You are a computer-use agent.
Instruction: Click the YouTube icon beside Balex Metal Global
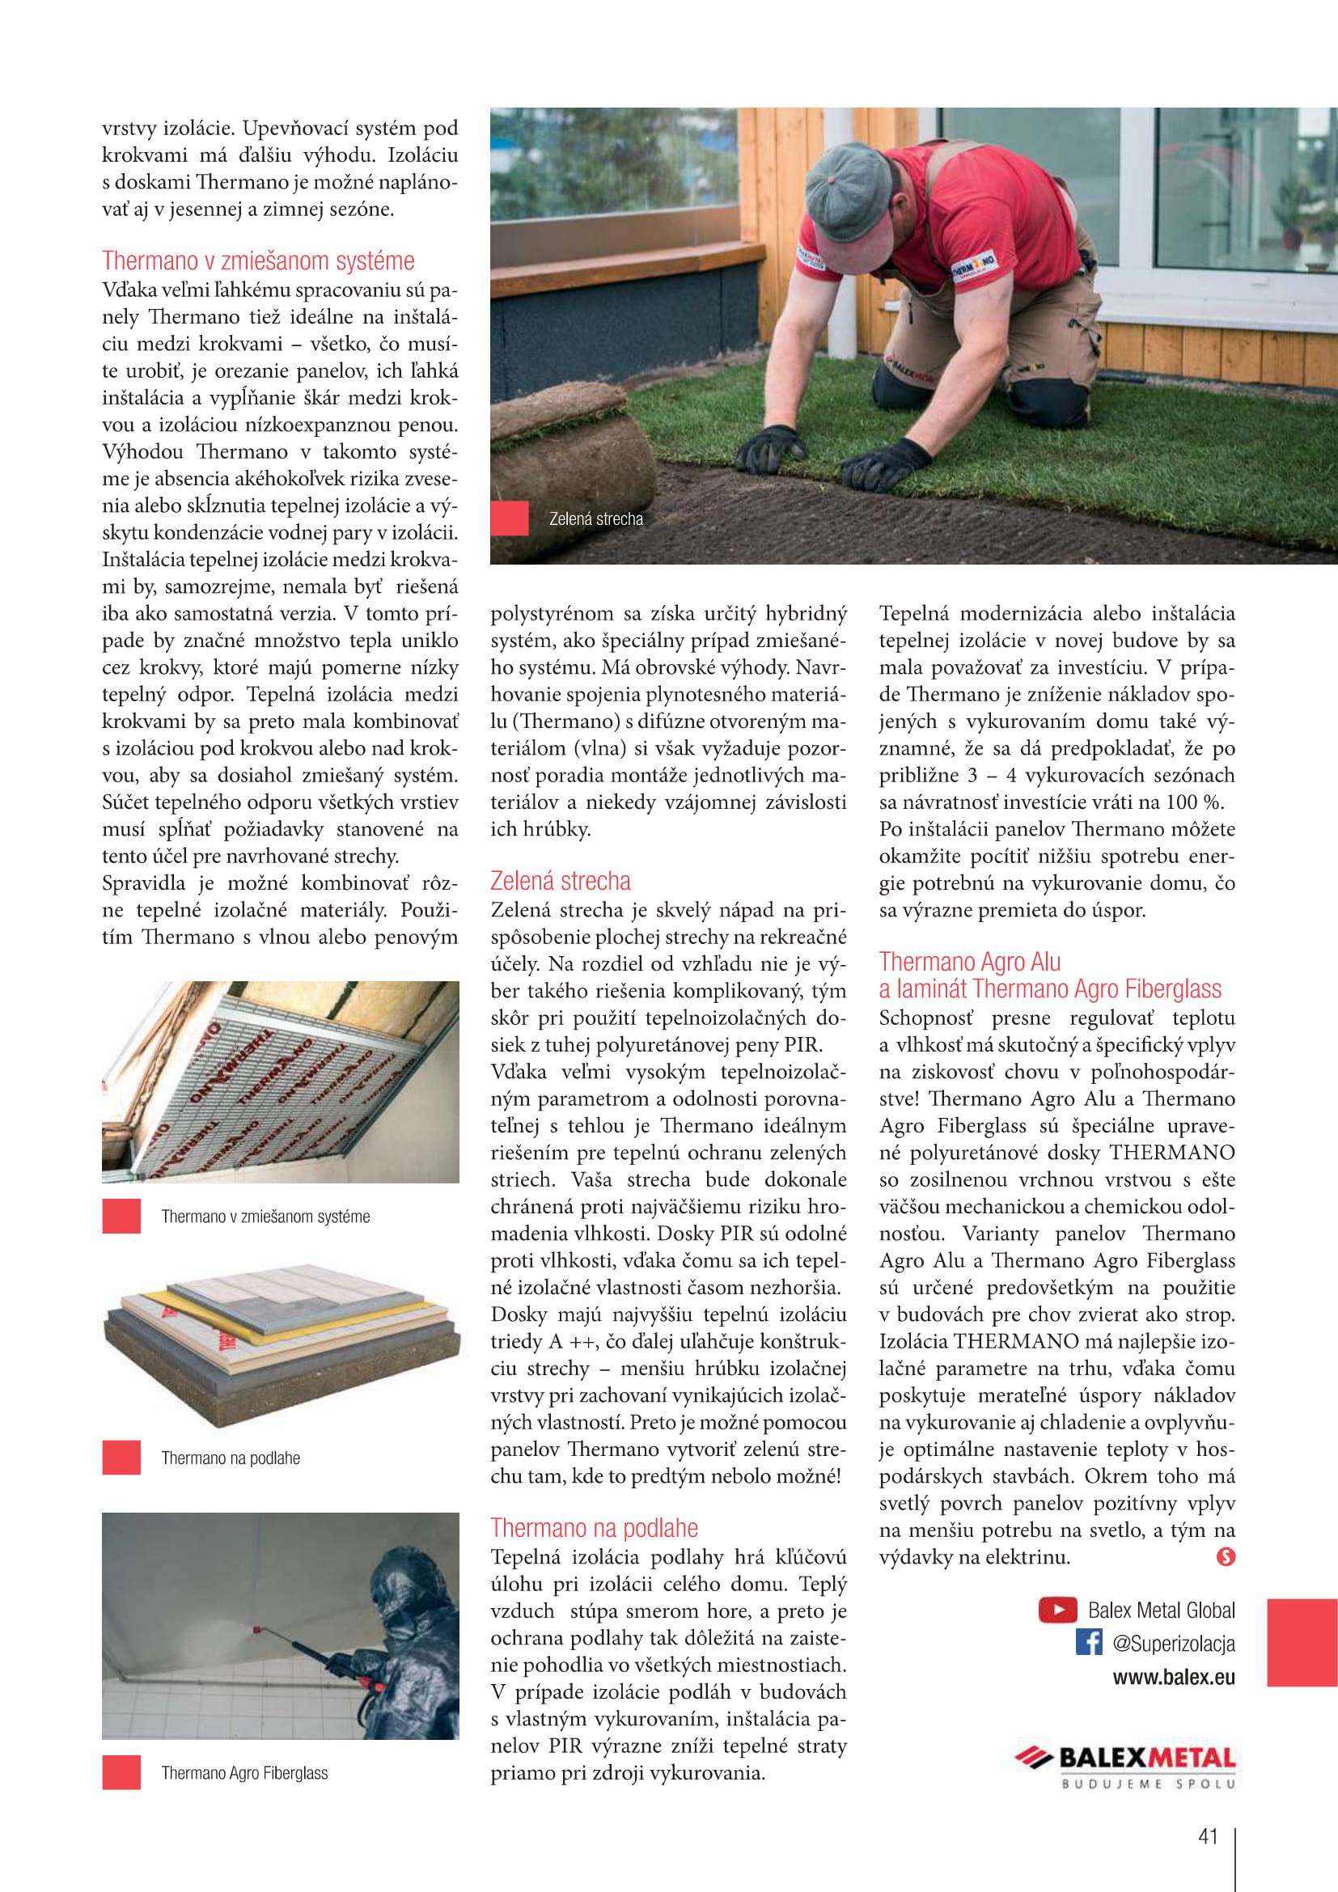tap(1057, 1610)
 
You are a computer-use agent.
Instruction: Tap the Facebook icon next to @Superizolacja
tap(1088, 1642)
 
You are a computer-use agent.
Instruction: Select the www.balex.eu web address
tap(1173, 1677)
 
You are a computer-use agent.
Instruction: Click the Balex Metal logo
tap(1125, 1758)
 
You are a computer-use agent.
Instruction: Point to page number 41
tap(1208, 1836)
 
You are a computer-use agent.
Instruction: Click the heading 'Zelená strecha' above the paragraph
tap(561, 881)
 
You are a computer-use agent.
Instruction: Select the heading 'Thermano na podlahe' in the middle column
tap(594, 1528)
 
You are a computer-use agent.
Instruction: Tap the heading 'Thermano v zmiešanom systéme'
tap(258, 260)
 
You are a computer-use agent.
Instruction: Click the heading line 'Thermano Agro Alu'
tap(970, 962)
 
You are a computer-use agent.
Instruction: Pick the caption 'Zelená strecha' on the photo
tap(595, 519)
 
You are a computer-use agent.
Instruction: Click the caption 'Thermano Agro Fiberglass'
tap(243, 1772)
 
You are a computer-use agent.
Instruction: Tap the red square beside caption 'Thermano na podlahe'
tap(121, 1458)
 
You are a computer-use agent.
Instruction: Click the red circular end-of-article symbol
tap(1225, 1556)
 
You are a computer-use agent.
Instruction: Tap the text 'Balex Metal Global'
tap(1161, 1611)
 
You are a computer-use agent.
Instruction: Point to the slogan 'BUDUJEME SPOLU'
tap(1149, 1784)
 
